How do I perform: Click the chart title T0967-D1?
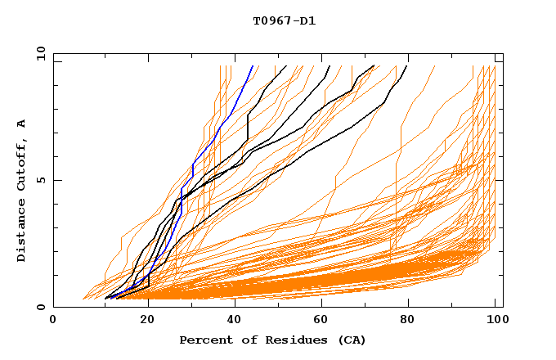(x=279, y=21)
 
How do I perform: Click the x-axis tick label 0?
(x=53, y=321)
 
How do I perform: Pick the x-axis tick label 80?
(x=407, y=321)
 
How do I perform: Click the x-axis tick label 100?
(x=494, y=321)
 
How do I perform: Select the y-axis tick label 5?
(x=40, y=180)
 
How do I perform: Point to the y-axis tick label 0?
(x=40, y=307)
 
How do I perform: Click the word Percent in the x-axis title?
(x=205, y=340)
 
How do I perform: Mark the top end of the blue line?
(x=253, y=65)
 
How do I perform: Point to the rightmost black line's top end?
(x=407, y=65)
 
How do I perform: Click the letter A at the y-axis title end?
(x=22, y=123)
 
